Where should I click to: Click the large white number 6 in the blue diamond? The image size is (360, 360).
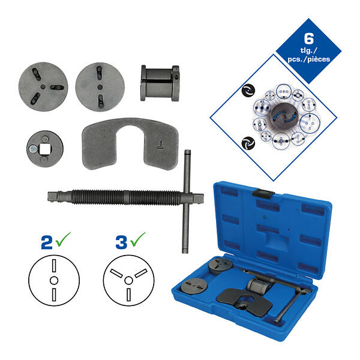[x=308, y=38]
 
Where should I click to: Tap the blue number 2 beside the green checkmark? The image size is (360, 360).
[x=47, y=242]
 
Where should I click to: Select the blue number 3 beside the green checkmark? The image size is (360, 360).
[x=121, y=242]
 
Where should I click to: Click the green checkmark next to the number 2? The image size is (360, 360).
[x=62, y=239]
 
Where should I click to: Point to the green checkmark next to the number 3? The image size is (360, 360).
[x=137, y=239]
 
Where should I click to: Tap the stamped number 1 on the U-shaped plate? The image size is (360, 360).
[x=161, y=145]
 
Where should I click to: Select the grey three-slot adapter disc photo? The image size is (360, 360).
[x=43, y=87]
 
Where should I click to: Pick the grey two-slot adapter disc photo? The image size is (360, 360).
[x=100, y=87]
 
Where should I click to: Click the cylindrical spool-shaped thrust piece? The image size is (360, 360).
[x=160, y=83]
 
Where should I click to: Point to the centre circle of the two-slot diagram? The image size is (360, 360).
[x=54, y=280]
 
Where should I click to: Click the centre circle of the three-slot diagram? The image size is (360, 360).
[x=128, y=280]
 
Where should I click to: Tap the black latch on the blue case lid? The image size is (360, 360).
[x=263, y=193]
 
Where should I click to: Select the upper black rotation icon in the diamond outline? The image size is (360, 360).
[x=248, y=90]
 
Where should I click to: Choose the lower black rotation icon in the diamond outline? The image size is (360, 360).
[x=248, y=143]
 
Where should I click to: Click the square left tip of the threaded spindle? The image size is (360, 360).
[x=52, y=197]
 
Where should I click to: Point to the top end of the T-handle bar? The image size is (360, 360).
[x=188, y=152]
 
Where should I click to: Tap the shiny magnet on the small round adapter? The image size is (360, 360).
[x=34, y=149]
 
